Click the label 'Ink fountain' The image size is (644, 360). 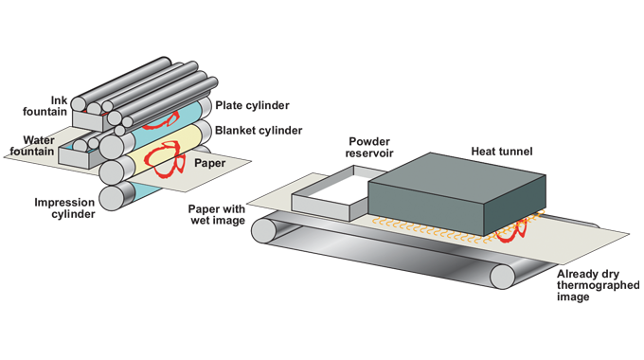(45, 106)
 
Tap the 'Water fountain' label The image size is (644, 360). (32, 146)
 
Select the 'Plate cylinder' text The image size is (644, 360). (252, 105)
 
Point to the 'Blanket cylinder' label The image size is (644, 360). (259, 131)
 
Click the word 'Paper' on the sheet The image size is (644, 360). (210, 163)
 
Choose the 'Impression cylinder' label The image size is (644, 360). (65, 207)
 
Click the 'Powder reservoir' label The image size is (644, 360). (369, 147)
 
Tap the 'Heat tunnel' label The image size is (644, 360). (502, 152)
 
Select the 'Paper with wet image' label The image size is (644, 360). (217, 214)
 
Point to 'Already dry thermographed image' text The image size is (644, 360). (598, 285)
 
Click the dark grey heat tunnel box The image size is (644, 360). (456, 193)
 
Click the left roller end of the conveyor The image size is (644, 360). (263, 230)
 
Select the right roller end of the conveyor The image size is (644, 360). (502, 277)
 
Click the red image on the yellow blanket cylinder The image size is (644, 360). (164, 159)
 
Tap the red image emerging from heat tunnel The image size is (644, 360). (511, 231)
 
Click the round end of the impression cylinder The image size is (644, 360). (112, 198)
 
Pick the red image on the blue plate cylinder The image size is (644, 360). (162, 121)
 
